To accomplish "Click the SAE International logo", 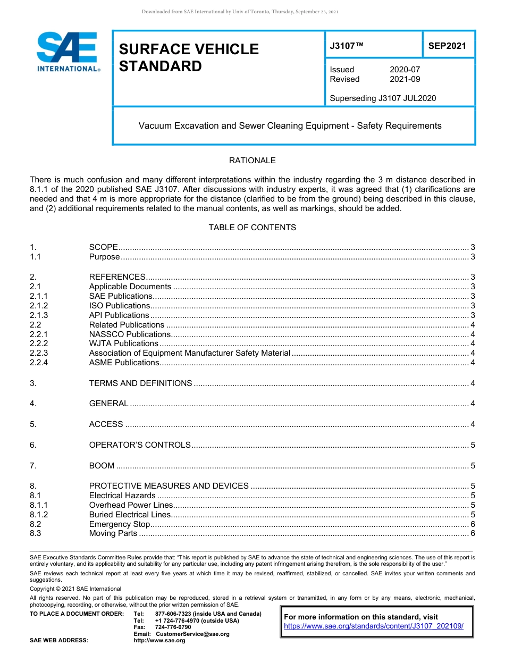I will point(68,52).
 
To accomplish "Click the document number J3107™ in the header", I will point(347,46).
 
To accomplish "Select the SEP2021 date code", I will point(447,46).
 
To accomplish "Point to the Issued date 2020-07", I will point(405,70).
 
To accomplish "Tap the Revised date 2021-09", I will point(405,79).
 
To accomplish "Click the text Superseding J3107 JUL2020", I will point(383,98).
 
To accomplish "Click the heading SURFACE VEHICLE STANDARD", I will point(189,57).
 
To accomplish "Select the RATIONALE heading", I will point(252,161).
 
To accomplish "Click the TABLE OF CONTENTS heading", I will point(252,228).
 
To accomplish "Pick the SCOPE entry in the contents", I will point(103,247).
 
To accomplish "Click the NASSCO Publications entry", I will point(130,334).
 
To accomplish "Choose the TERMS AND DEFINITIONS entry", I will point(140,383).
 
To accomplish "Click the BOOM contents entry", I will point(102,466).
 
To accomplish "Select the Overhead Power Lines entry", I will point(131,505).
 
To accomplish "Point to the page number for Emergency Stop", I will point(473,524).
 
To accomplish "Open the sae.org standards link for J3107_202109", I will point(374,626).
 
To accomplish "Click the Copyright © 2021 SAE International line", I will point(75,589).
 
